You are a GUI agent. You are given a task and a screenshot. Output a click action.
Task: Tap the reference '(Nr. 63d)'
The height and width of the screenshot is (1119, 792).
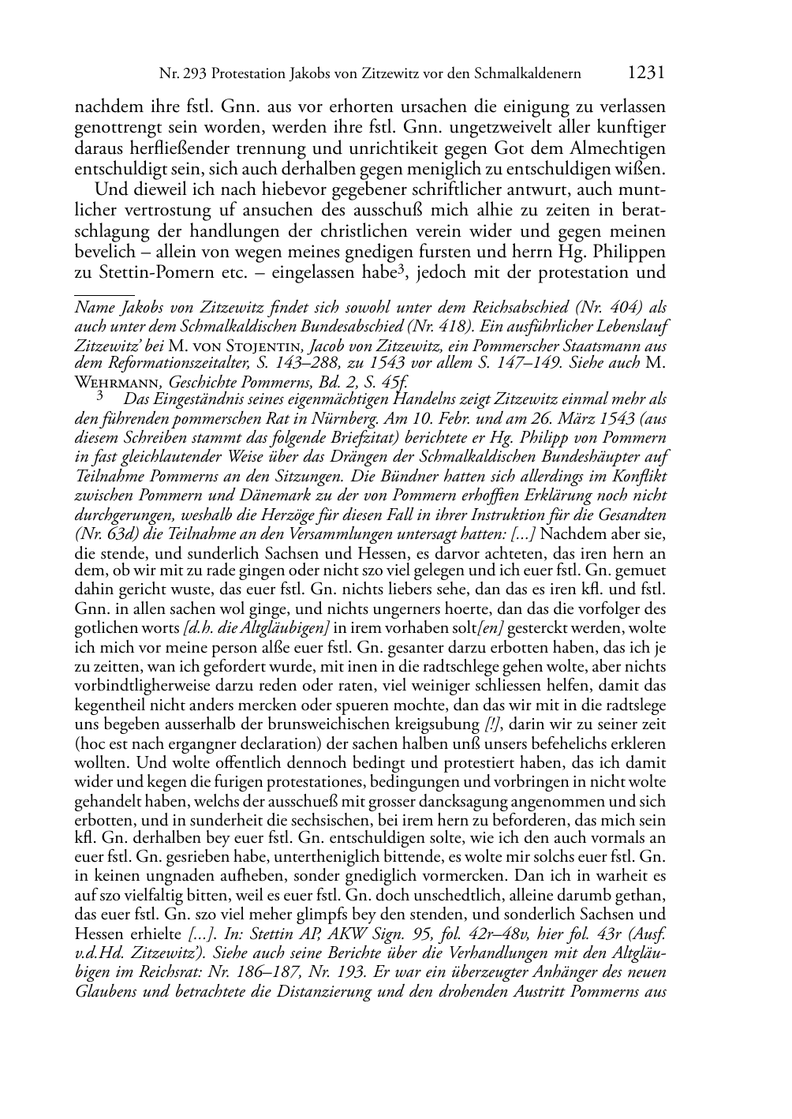click(104, 534)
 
